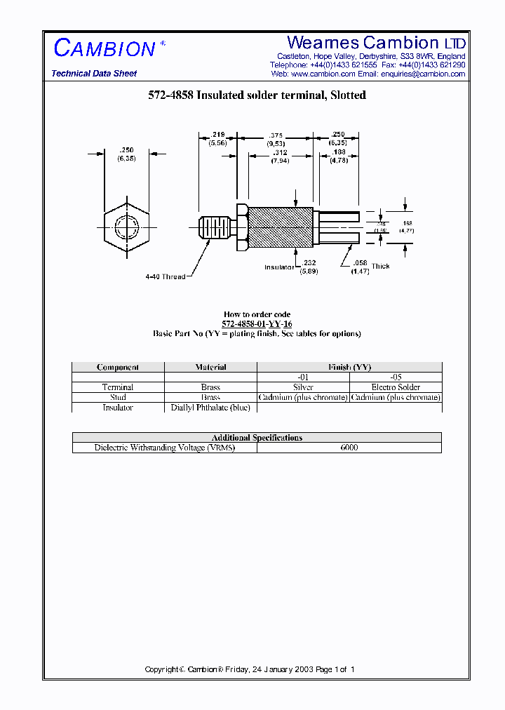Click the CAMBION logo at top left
point(105,48)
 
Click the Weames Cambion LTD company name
point(376,43)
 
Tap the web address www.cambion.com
point(323,74)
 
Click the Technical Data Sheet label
point(94,74)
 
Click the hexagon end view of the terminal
point(126,228)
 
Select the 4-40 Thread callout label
point(166,276)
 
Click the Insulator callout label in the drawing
point(279,267)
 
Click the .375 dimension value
point(275,135)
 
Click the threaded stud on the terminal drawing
point(215,229)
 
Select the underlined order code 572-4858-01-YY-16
point(257,324)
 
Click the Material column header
point(210,367)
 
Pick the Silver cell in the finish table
point(303,387)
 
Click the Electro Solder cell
point(396,387)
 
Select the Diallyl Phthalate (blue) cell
point(210,408)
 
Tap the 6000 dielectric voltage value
point(349,448)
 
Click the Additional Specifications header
point(257,438)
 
